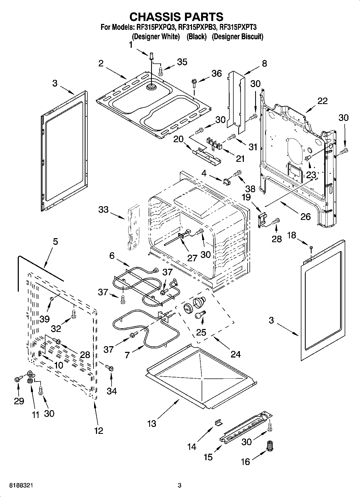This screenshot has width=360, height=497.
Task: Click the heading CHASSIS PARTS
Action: pos(176,17)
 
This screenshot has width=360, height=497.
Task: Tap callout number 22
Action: pos(322,101)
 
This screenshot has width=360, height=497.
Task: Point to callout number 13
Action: pos(152,424)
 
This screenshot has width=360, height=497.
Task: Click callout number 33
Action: pos(103,210)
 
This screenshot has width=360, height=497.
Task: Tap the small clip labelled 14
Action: pos(218,423)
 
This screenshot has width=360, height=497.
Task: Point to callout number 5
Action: pos(55,242)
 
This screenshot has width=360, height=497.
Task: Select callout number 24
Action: pos(236,354)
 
